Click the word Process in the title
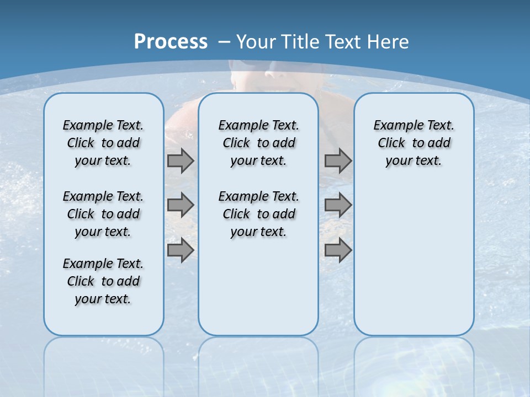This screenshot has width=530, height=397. click(171, 42)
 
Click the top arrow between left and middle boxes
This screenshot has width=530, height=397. click(181, 161)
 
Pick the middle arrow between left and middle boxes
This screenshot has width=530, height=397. click(181, 205)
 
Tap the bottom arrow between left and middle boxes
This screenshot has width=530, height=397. click(181, 250)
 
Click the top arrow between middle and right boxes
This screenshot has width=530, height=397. click(338, 161)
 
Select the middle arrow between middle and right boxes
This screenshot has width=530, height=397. click(338, 205)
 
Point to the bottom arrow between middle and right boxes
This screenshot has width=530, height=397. click(338, 250)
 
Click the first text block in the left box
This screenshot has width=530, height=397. click(103, 143)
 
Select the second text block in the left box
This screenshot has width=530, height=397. click(103, 214)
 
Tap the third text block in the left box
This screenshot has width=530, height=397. click(103, 281)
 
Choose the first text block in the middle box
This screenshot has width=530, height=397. click(258, 143)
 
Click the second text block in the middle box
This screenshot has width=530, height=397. click(258, 214)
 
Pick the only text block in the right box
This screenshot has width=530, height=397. click(414, 143)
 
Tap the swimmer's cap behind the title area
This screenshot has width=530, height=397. click(248, 66)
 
